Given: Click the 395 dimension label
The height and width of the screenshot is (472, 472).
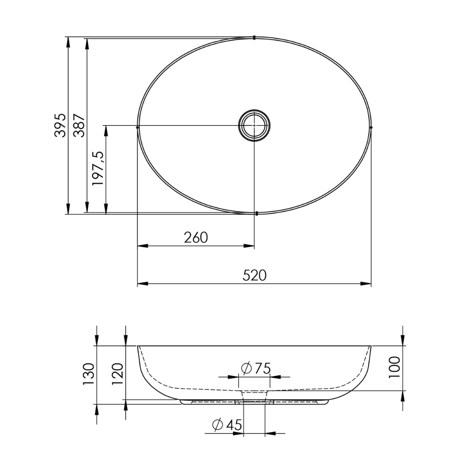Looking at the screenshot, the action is point(60,125).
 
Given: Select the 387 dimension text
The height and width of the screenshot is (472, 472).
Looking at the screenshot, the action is point(80,125).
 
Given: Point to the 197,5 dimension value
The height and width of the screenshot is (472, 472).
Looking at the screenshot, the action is point(98,168).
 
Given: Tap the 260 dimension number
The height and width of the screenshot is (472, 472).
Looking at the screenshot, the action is point(196,237).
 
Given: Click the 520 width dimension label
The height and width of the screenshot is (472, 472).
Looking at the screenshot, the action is point(255,275).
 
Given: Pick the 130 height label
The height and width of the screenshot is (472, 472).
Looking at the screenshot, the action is point(89,374).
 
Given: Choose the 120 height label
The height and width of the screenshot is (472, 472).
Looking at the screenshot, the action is point(118,374).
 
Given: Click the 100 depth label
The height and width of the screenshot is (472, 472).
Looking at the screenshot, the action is point(394,368).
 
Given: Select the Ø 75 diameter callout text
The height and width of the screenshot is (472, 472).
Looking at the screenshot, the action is point(256,368).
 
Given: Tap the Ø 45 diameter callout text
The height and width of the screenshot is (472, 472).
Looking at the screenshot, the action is point(227,425).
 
